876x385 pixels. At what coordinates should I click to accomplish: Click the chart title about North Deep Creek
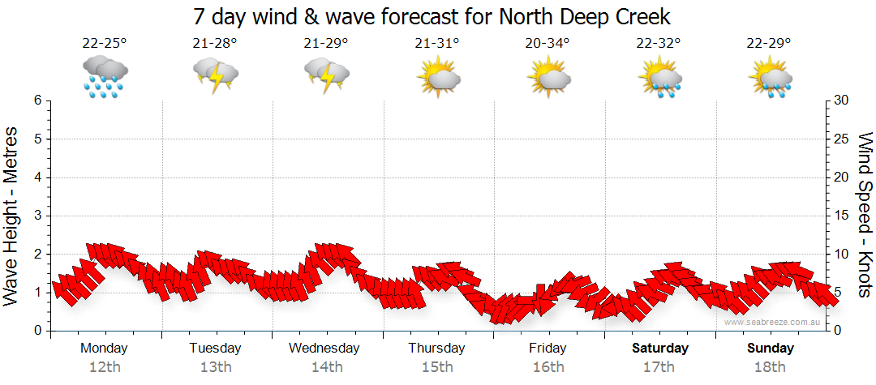click(x=432, y=16)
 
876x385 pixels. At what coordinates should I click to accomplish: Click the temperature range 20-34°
click(x=547, y=43)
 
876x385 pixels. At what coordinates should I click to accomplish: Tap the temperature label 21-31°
click(x=437, y=43)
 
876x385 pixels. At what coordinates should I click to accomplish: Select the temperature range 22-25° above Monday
click(x=105, y=43)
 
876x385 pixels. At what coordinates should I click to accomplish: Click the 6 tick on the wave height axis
click(x=37, y=101)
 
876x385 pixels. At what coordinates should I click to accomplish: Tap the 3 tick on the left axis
click(x=37, y=216)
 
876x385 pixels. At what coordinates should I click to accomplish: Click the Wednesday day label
click(x=324, y=349)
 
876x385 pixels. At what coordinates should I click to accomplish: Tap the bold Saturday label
click(x=659, y=349)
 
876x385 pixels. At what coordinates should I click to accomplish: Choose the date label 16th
click(x=548, y=367)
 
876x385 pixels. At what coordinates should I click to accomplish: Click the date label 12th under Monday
click(x=105, y=367)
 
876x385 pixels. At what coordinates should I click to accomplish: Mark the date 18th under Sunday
click(x=771, y=367)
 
